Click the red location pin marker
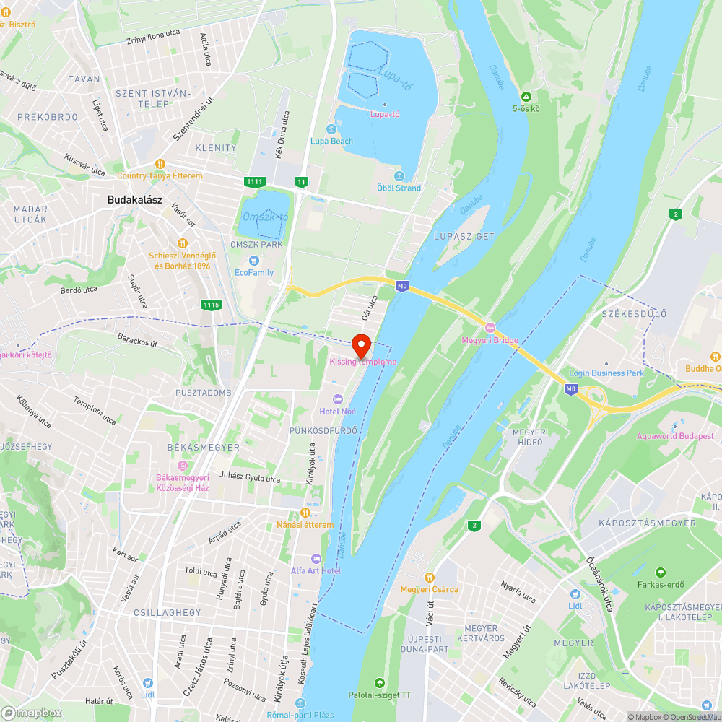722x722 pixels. (360, 344)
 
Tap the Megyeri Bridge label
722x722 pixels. (490, 341)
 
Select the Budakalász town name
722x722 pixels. (134, 200)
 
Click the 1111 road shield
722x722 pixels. (254, 182)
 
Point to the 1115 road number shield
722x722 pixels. (211, 305)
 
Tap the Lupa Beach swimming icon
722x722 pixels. (331, 129)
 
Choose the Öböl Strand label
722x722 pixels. (399, 188)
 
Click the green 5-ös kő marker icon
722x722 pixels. (526, 97)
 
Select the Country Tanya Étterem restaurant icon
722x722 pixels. (160, 164)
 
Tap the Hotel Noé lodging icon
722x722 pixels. (337, 399)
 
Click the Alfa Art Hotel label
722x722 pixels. (316, 571)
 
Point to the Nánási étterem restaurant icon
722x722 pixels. (305, 513)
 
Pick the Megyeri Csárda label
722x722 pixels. (430, 589)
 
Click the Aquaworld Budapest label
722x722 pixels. (675, 436)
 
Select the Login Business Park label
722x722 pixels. (606, 373)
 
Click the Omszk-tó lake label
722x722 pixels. (265, 217)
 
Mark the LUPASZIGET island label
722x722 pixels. (464, 236)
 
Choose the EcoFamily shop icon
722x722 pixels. (253, 261)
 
